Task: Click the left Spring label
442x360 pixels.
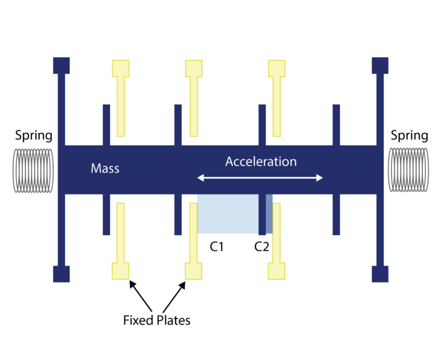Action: (x=33, y=136)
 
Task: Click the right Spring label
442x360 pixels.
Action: (x=409, y=136)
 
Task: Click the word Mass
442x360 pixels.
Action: (x=105, y=168)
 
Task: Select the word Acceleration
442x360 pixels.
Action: (x=261, y=162)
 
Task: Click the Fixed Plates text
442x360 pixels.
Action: (x=157, y=320)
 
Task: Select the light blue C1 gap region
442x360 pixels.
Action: (x=227, y=213)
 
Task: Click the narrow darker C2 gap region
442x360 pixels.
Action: (x=269, y=213)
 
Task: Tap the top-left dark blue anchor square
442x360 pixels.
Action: (x=61, y=65)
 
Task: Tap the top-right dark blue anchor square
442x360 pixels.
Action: (x=380, y=65)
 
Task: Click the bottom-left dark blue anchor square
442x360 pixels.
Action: (x=61, y=274)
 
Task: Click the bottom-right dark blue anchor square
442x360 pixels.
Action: (x=380, y=274)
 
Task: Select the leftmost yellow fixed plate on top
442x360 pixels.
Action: (x=121, y=98)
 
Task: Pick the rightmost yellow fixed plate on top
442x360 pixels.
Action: (x=277, y=98)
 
